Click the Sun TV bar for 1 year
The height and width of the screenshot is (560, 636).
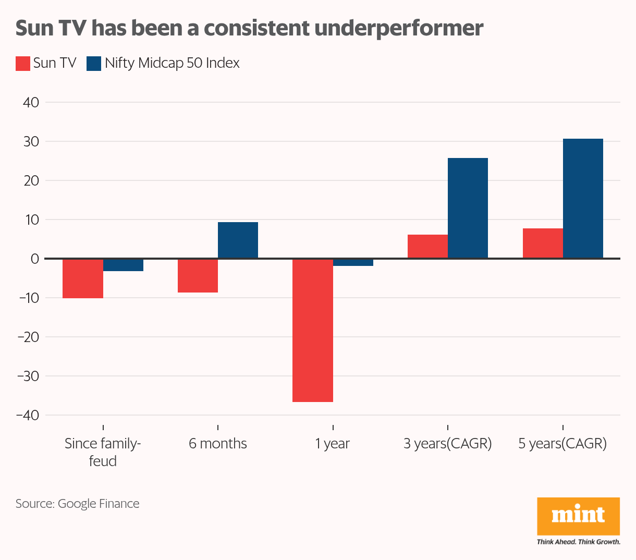pos(313,330)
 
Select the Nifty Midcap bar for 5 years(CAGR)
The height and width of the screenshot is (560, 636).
pos(583,198)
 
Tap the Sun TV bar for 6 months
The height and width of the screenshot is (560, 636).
pos(198,275)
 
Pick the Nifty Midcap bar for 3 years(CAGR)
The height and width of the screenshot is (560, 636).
pos(468,208)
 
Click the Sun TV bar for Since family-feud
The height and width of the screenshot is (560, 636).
pos(83,278)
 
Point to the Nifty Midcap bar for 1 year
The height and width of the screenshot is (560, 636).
pos(353,262)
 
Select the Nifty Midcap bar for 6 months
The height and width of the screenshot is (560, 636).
pos(238,240)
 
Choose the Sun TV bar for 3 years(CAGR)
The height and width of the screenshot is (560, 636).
pos(427,246)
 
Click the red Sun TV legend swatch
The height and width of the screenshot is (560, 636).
pos(22,63)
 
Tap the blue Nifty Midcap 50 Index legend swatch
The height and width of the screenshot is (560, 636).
pos(94,63)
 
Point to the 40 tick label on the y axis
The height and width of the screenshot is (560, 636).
pos(31,102)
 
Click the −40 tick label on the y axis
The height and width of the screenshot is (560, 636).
pos(28,415)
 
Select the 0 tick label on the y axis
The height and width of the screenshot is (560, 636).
pos(35,259)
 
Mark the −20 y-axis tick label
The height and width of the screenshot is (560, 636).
pos(28,337)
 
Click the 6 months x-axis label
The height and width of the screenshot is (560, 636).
pos(218,444)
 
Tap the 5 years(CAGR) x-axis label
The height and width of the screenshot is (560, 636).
pos(562,444)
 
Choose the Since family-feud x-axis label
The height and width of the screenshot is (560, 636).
pos(103,452)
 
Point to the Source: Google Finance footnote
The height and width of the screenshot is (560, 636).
pos(77,504)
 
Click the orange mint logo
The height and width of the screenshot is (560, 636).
pos(578,516)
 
